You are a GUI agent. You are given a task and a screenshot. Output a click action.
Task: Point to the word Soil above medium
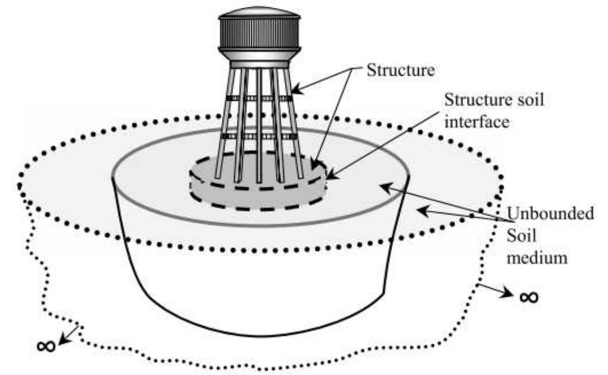520,236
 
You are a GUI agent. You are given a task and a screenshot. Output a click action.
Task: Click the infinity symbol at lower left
46,346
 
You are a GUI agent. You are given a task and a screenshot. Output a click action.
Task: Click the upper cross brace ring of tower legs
259,96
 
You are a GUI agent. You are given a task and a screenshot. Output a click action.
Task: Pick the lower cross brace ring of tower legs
259,135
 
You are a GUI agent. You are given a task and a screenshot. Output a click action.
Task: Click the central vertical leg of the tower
259,122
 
